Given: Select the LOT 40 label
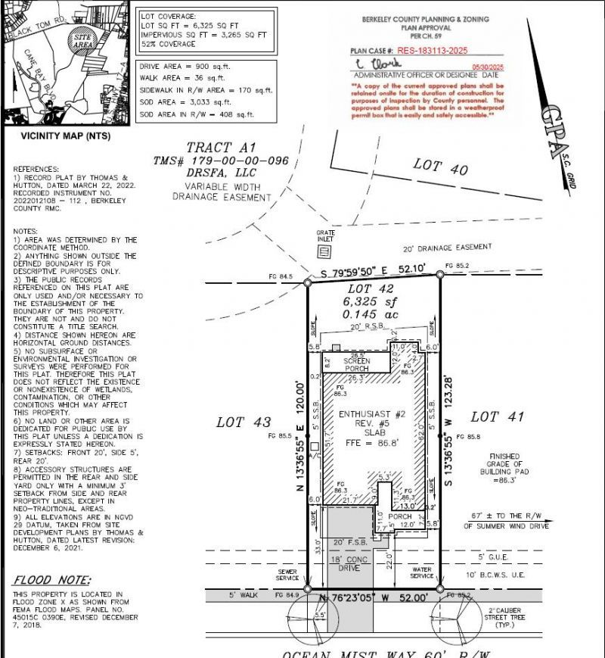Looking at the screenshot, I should (442, 166).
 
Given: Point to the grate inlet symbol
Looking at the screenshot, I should (324, 251).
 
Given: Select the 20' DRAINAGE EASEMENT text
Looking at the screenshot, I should (447, 247).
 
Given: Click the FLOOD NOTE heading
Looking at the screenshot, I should (43, 580).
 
